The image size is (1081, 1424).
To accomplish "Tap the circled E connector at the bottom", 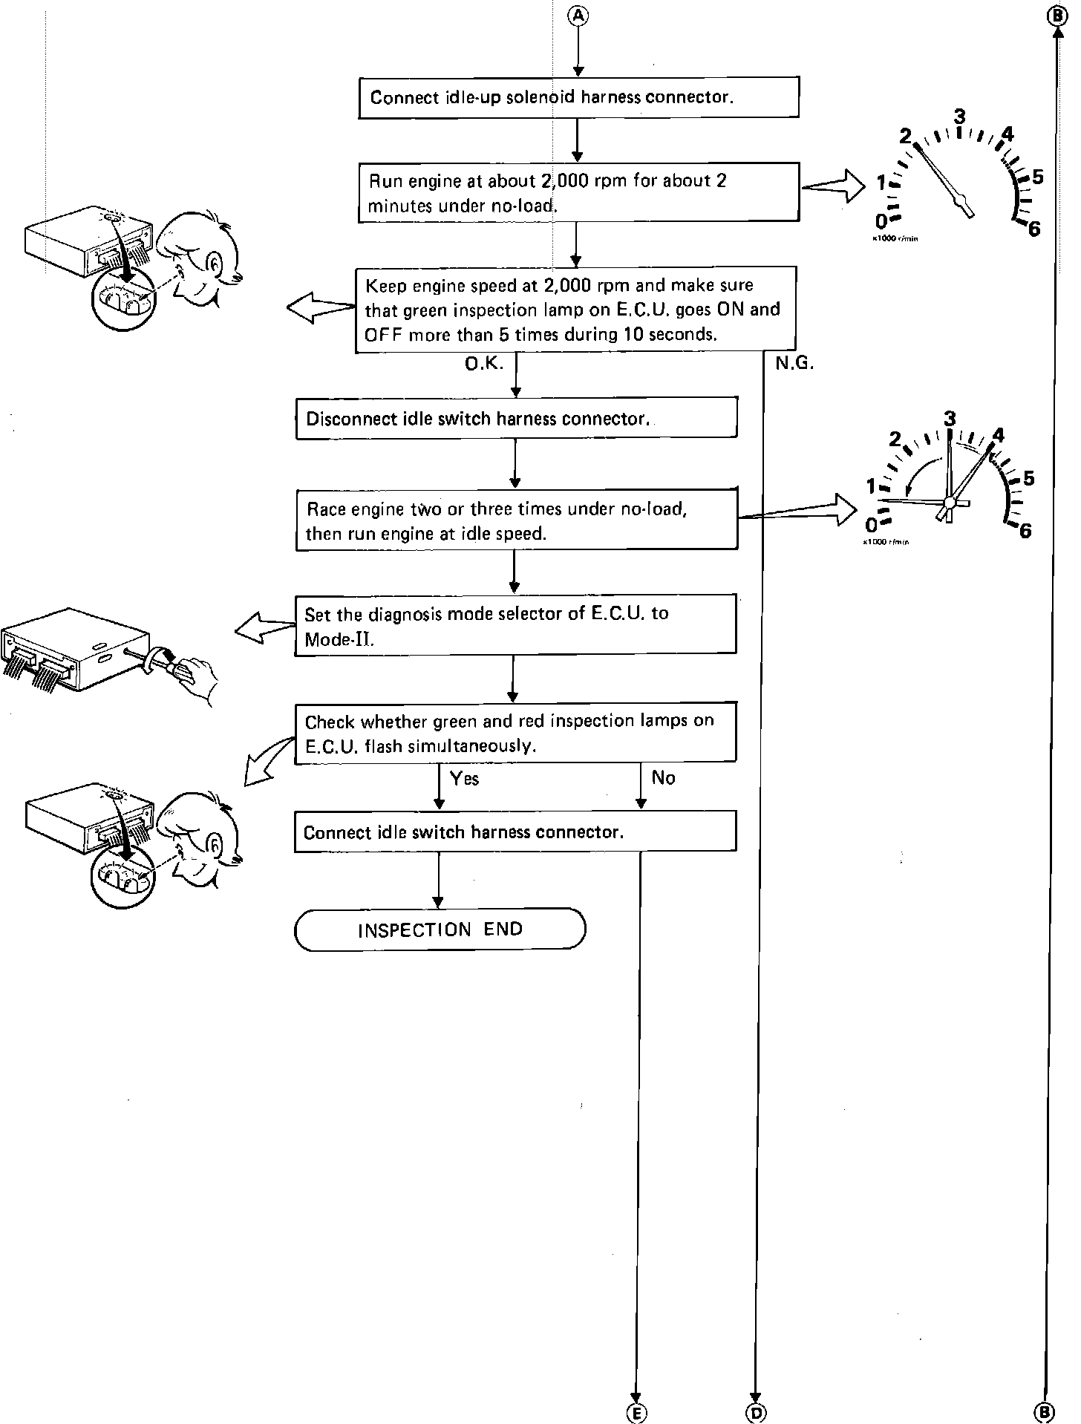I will pyautogui.click(x=636, y=1413).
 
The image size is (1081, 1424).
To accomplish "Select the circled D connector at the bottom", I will pyautogui.click(x=756, y=1413).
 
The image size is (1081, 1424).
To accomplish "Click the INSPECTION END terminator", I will pyautogui.click(x=440, y=930).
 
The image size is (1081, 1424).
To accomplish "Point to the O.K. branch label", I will pyautogui.click(x=483, y=364).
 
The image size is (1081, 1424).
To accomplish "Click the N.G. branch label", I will pyautogui.click(x=794, y=364).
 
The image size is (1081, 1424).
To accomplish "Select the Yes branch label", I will pyautogui.click(x=464, y=779).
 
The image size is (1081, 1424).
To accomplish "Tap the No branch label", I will pyautogui.click(x=663, y=778).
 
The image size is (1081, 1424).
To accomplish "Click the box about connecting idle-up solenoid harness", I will pyautogui.click(x=578, y=97).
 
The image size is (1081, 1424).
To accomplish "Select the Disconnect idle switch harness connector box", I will pyautogui.click(x=516, y=419).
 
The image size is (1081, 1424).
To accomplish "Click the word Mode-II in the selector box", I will pyautogui.click(x=339, y=639).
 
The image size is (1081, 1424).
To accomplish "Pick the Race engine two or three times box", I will pyautogui.click(x=516, y=520).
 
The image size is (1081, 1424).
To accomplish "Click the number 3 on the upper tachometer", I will pyautogui.click(x=959, y=117).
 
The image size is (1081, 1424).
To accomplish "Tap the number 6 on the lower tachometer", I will pyautogui.click(x=1025, y=531).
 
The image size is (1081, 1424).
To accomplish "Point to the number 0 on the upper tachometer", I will pyautogui.click(x=881, y=221).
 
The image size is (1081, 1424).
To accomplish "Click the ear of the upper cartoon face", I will pyautogui.click(x=213, y=263).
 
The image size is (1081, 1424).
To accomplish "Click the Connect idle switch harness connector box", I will pyautogui.click(x=515, y=832).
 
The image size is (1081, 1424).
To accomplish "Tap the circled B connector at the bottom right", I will pyautogui.click(x=1044, y=1412).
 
